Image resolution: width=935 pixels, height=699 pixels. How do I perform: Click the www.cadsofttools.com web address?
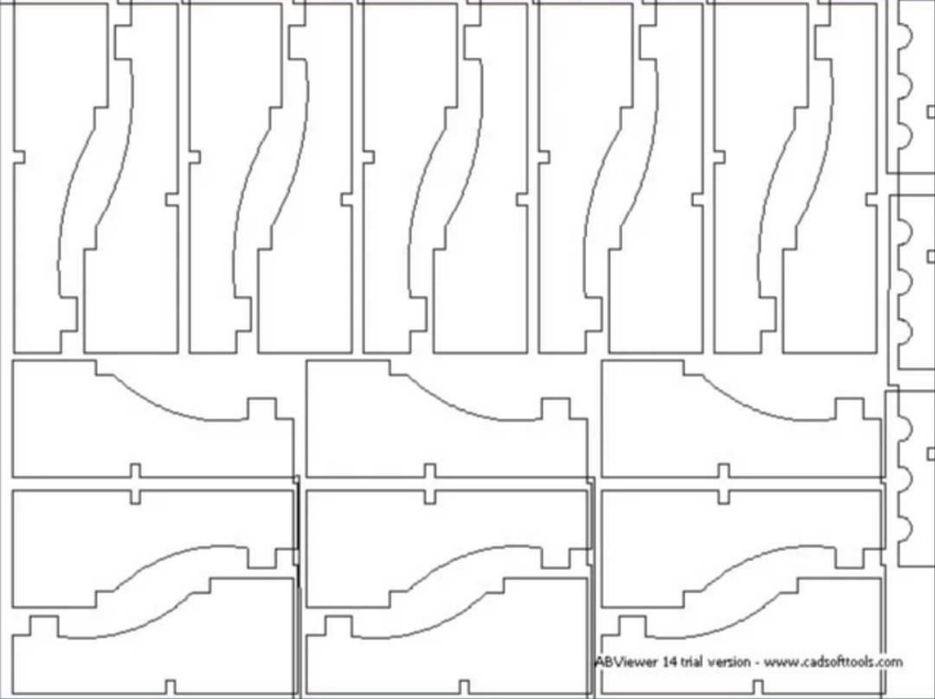(x=833, y=662)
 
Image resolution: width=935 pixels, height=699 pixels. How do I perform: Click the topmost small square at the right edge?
(x=931, y=112)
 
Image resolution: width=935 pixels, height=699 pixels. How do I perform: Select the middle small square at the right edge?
(x=931, y=256)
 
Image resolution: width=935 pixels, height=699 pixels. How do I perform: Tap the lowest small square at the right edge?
(x=931, y=454)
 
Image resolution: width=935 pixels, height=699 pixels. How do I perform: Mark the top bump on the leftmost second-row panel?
(x=262, y=409)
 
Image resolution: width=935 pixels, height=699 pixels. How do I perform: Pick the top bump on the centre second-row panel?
(x=556, y=409)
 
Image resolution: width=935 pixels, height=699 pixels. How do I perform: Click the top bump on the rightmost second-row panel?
(x=849, y=409)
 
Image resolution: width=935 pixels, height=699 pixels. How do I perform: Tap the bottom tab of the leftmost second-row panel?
(x=135, y=471)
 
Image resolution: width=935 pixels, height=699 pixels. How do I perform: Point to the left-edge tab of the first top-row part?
(x=19, y=157)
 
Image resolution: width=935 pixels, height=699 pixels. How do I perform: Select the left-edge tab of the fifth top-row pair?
(x=720, y=157)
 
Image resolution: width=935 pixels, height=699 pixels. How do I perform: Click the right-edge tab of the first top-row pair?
(x=172, y=199)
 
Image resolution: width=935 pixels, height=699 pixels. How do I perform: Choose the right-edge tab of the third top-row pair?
(x=522, y=199)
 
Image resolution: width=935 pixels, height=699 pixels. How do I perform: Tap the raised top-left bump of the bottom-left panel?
(x=44, y=626)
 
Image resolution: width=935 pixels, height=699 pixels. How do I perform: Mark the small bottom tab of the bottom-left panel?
(x=171, y=687)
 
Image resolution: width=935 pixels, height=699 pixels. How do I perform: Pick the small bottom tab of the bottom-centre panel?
(x=464, y=687)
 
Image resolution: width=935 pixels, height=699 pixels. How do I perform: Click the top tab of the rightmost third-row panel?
(x=723, y=497)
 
